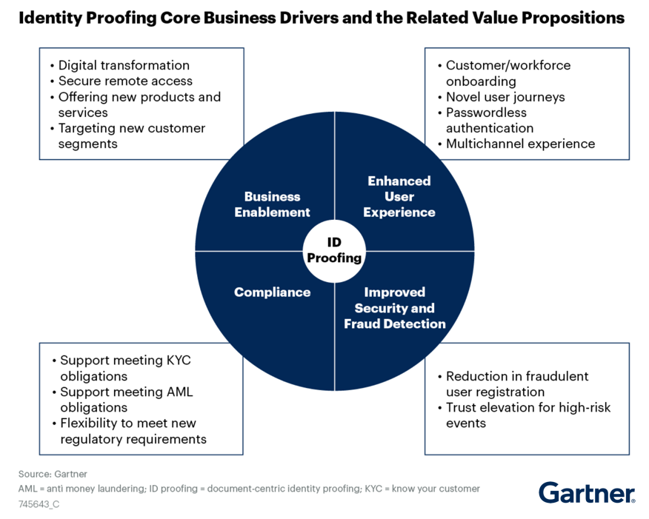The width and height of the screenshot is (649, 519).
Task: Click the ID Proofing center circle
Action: [334, 250]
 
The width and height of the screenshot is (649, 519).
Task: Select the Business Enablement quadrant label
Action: [272, 204]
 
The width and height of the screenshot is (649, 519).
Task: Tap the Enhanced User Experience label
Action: [399, 196]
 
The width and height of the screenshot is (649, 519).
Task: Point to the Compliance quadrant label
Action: [272, 292]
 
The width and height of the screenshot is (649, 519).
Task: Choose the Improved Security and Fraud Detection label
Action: [394, 307]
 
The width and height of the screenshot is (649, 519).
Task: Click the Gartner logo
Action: [587, 493]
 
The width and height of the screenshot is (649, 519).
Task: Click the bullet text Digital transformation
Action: [123, 65]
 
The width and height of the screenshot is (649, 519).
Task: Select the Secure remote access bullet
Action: [124, 81]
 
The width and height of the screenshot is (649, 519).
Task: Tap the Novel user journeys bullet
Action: [505, 96]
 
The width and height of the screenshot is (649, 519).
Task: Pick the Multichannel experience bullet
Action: [520, 144]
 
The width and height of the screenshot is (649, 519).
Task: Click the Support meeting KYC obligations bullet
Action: [124, 368]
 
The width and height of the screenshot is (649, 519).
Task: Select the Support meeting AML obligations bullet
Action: [126, 399]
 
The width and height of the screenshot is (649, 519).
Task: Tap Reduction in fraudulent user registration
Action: [516, 384]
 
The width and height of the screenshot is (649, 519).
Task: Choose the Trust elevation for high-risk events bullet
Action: [527, 415]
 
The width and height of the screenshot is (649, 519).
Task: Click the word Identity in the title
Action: [50, 18]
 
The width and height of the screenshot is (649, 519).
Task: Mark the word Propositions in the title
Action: [570, 18]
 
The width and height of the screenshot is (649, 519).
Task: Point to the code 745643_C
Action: [39, 503]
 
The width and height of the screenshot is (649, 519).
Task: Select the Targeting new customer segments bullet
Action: [131, 135]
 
